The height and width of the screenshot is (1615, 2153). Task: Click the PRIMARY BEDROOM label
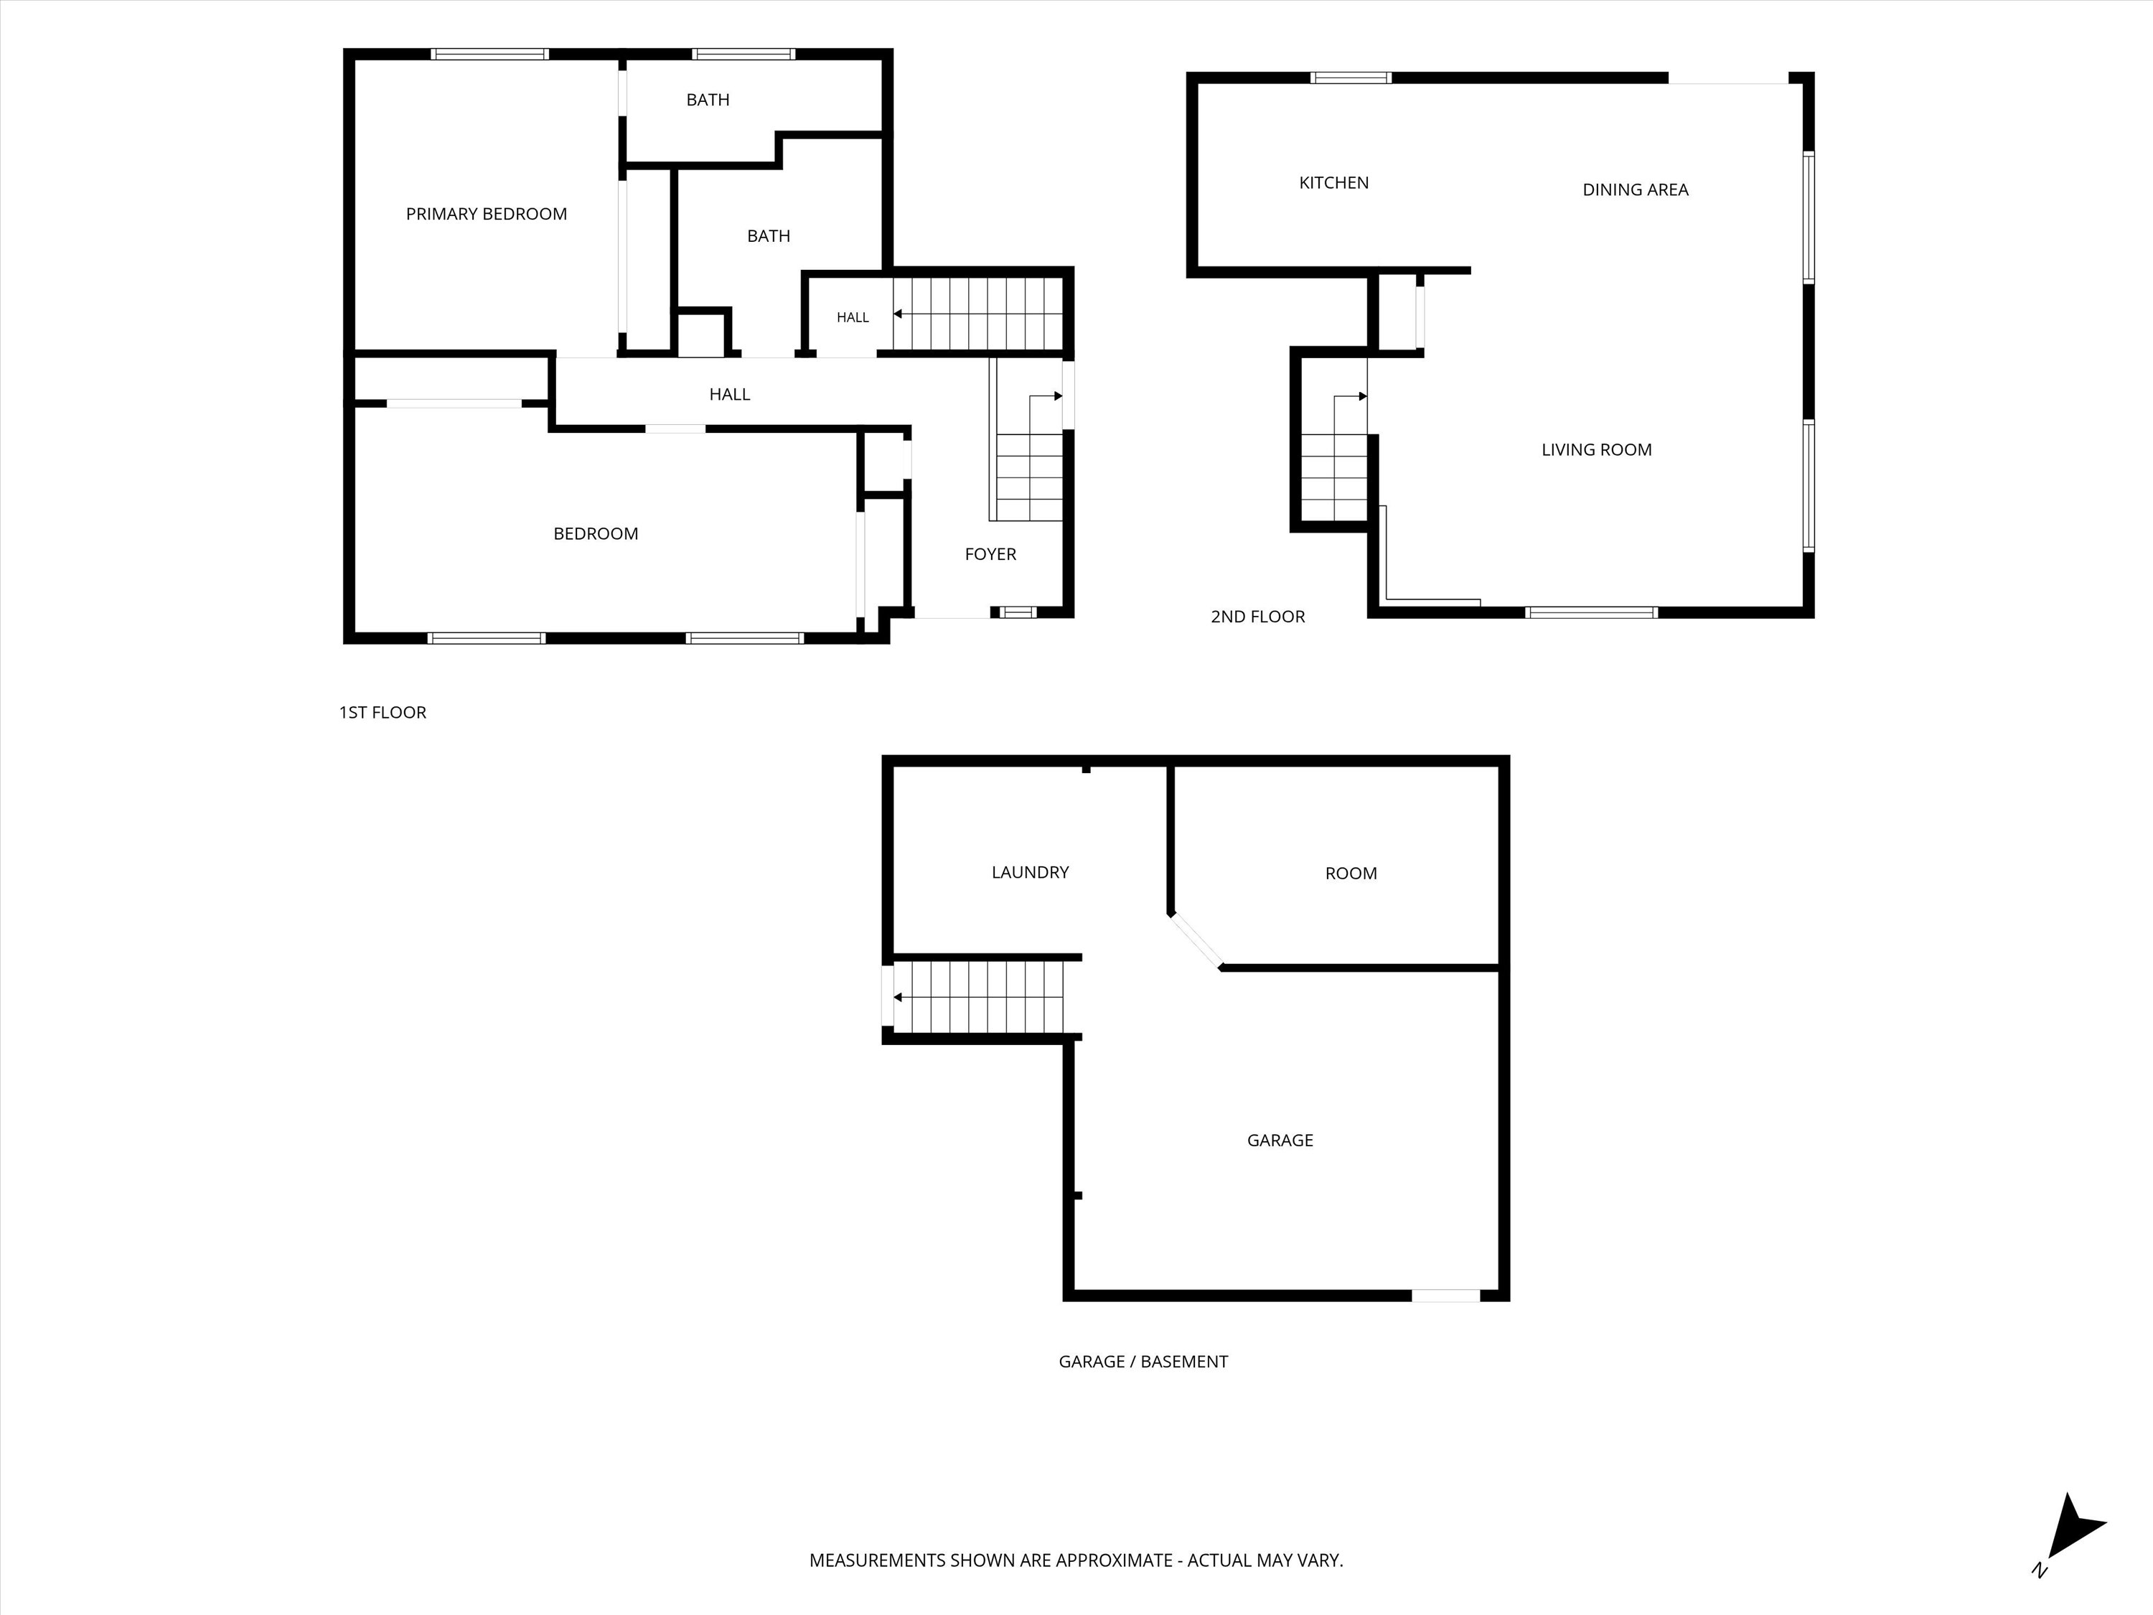(x=486, y=214)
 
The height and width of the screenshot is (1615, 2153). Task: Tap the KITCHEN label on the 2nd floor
(x=1333, y=183)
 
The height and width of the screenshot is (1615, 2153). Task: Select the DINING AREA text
(x=1635, y=189)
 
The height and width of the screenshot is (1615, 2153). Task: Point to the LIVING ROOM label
(x=1596, y=450)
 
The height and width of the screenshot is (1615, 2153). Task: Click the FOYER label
(x=990, y=554)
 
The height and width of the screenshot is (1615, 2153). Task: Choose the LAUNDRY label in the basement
(x=1030, y=872)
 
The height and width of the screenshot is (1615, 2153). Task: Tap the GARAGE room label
(x=1280, y=1140)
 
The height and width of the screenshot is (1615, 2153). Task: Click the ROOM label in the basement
(x=1351, y=874)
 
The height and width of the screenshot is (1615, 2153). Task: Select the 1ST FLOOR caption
(x=383, y=713)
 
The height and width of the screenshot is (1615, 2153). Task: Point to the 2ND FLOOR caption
(x=1257, y=616)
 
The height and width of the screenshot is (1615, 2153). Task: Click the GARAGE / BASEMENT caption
(x=1143, y=1362)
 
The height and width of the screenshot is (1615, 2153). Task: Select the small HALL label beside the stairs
(x=853, y=317)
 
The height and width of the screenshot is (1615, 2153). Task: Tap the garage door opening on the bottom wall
(x=1446, y=1296)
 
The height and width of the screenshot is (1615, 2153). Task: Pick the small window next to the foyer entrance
(x=1018, y=612)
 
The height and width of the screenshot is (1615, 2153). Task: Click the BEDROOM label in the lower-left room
(x=596, y=533)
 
